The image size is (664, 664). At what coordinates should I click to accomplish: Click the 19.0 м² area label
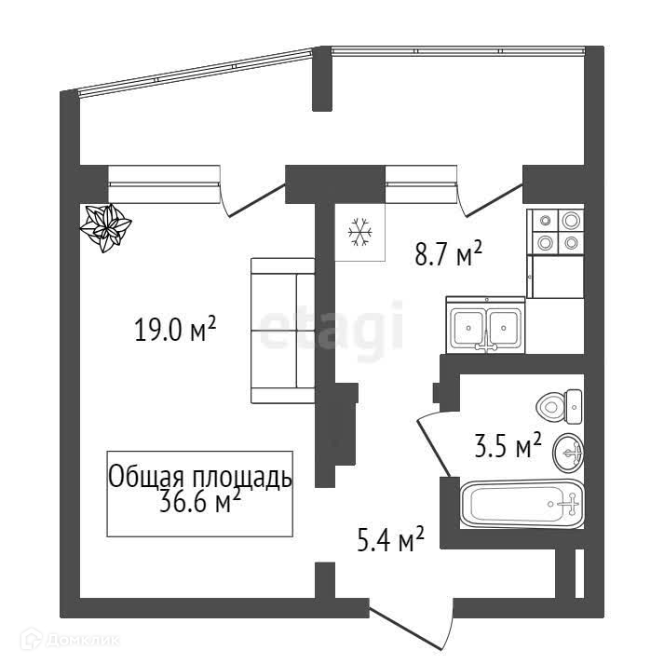[x=176, y=330]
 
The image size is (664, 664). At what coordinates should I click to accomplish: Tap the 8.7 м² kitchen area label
[x=448, y=252]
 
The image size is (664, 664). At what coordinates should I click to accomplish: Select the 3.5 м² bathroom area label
[x=508, y=447]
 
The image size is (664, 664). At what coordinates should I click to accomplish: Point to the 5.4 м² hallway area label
[x=391, y=537]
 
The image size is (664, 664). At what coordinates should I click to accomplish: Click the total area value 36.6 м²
[x=200, y=503]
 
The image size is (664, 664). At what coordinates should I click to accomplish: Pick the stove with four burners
[x=557, y=232]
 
